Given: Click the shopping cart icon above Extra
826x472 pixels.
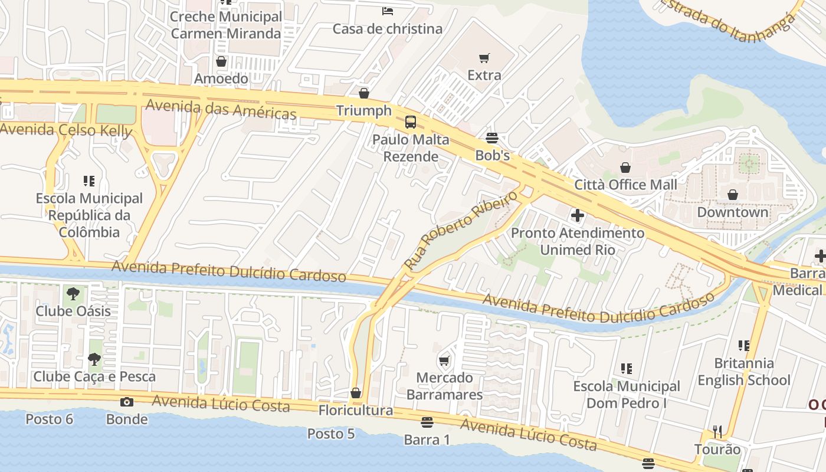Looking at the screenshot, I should tap(484, 58).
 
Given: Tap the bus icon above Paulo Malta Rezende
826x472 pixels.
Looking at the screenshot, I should tap(410, 122).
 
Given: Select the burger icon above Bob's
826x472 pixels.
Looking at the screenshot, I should tap(492, 138).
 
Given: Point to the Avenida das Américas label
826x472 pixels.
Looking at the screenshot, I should tap(221, 109).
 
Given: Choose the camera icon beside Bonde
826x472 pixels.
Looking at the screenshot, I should tap(126, 402).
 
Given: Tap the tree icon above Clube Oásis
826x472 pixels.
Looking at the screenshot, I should tap(73, 293).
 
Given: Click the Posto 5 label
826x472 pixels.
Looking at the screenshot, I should tap(331, 434).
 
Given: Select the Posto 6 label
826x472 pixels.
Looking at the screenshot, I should tap(50, 419).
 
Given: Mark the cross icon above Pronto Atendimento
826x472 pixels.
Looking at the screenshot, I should tap(578, 215).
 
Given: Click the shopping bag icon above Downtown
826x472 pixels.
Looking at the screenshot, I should tap(733, 195).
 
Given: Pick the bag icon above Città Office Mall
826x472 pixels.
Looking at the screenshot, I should tap(625, 168).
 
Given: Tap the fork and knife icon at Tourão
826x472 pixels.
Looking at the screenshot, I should tap(717, 432).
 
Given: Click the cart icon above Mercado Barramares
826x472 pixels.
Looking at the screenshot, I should tap(444, 360).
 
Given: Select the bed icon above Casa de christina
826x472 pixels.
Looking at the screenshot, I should tap(388, 11).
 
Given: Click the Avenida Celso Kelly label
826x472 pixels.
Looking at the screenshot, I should tap(66, 130).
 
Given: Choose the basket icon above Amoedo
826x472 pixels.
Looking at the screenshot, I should tap(221, 61).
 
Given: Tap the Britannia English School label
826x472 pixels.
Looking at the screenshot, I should tap(743, 372).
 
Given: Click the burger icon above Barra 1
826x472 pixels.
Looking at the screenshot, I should tap(427, 422).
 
